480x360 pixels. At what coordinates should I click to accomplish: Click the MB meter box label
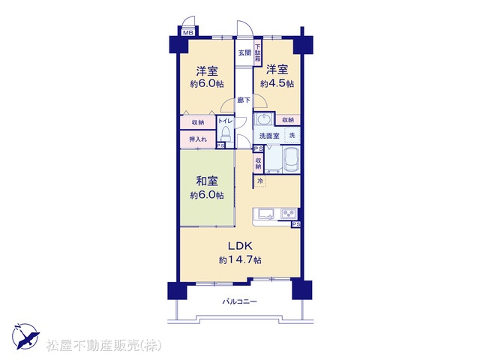click(x=188, y=32)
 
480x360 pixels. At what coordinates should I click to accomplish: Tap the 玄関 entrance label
click(x=245, y=52)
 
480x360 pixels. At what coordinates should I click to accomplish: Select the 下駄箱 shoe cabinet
click(x=258, y=52)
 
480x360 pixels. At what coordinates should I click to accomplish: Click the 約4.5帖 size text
click(x=277, y=83)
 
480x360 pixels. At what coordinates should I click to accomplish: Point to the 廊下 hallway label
click(x=244, y=100)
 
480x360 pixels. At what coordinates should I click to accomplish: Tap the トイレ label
click(x=225, y=121)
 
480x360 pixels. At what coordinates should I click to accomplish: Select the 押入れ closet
click(x=198, y=139)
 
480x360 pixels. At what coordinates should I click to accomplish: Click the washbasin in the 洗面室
click(x=263, y=119)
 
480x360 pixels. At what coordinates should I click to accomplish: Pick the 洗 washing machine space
click(x=292, y=135)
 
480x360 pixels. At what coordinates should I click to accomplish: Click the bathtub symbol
click(x=292, y=159)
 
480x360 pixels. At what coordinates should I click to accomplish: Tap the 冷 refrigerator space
click(x=260, y=181)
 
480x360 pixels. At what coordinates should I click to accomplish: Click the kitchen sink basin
click(x=267, y=213)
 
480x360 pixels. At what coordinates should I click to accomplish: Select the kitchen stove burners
click(x=288, y=213)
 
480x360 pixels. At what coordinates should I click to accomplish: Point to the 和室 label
click(x=207, y=181)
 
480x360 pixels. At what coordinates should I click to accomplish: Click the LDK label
click(x=240, y=245)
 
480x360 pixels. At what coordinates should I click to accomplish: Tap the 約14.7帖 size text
click(x=240, y=260)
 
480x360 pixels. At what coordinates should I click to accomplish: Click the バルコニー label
click(x=240, y=301)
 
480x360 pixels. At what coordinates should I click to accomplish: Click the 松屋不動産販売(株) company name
click(x=103, y=346)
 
